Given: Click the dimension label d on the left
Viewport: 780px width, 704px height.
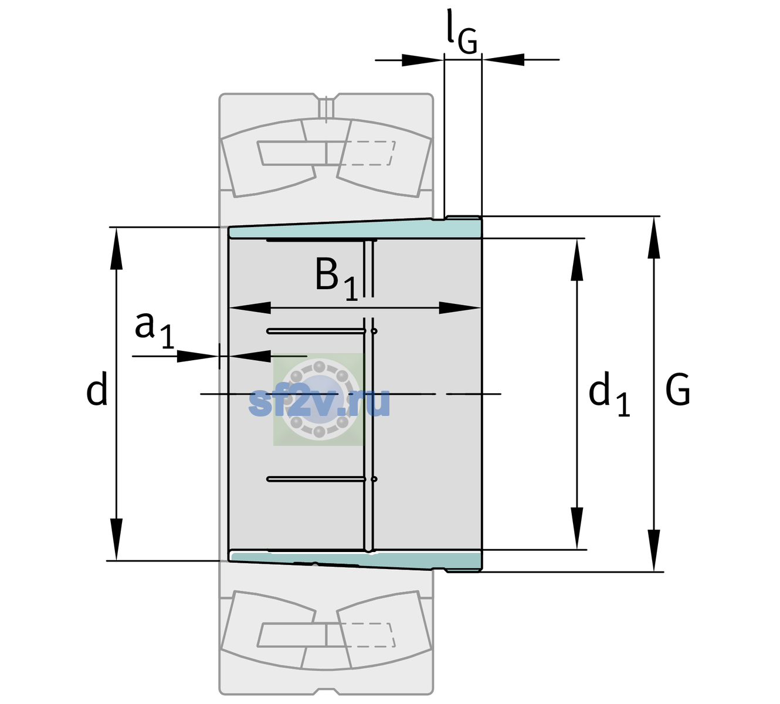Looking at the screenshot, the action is (x=97, y=388).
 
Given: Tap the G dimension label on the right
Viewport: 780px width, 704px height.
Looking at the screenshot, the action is (x=678, y=390).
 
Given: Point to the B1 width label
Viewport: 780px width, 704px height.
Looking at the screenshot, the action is (x=337, y=279).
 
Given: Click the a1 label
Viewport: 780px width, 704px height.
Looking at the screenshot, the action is (x=154, y=330).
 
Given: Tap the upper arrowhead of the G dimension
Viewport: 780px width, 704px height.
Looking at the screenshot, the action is (x=654, y=238).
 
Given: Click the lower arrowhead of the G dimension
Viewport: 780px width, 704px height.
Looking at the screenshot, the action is (x=654, y=550).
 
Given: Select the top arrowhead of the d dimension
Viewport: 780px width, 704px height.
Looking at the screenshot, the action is (x=116, y=249).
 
